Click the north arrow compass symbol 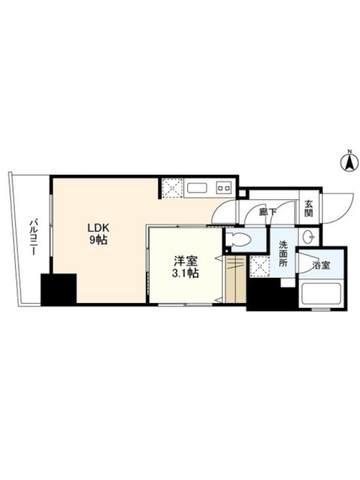pos(349,161)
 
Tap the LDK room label pos(98,228)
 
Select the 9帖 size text pos(98,241)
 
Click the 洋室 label pos(186,261)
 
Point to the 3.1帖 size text pos(186,274)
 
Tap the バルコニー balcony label pos(33,236)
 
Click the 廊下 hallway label pos(268,212)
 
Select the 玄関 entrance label pos(308,208)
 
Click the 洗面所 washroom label pos(283,254)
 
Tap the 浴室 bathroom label pos(321,265)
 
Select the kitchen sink pos(197,188)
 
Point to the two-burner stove pos(223,187)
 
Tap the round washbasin pos(308,236)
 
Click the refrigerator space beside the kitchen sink pos(172,188)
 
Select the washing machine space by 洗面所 pos(260,266)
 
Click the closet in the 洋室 pos(236,279)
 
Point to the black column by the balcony pos(58,290)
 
